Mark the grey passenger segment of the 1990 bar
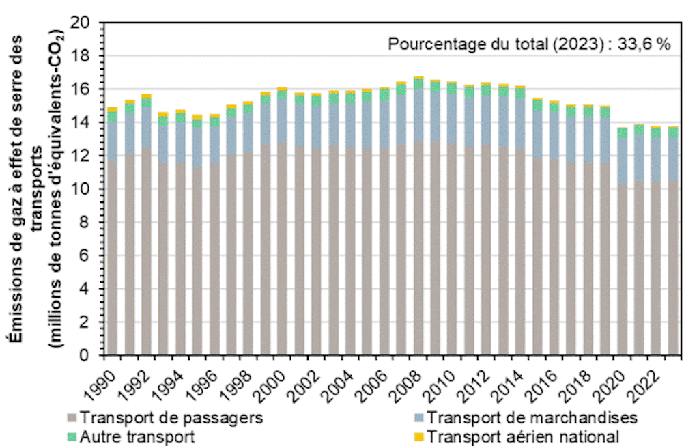(112, 260)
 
